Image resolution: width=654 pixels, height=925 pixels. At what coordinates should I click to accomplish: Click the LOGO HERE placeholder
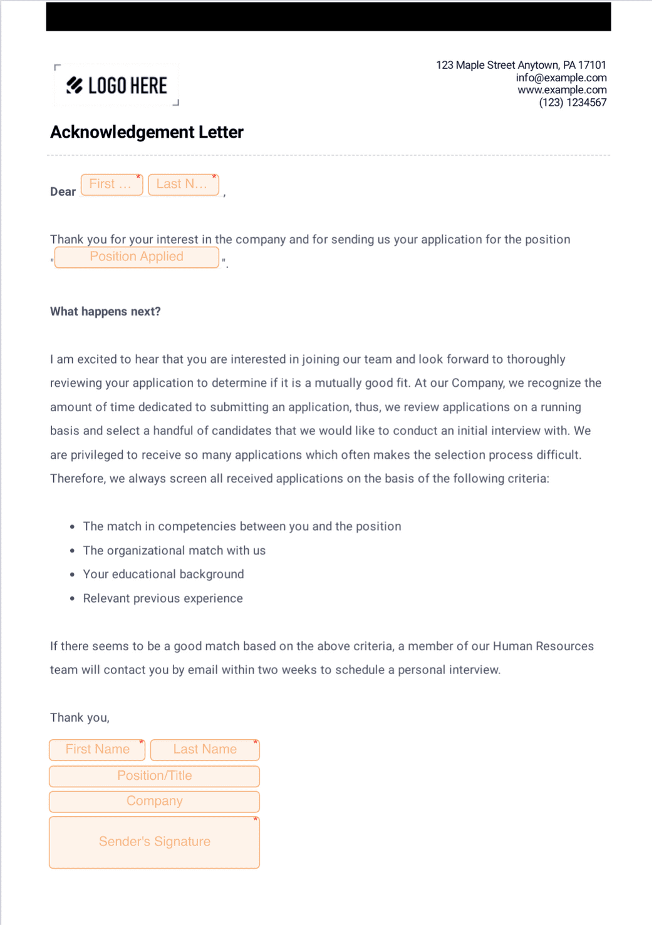[x=117, y=86]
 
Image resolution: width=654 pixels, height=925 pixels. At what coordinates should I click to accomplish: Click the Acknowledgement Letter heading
[x=147, y=132]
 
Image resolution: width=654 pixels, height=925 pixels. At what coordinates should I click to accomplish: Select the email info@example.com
[x=561, y=78]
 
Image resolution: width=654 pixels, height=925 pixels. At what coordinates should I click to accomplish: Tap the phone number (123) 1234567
[x=572, y=103]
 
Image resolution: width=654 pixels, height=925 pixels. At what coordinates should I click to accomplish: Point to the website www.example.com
[x=561, y=90]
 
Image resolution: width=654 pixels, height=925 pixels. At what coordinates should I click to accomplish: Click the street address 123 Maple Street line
[x=521, y=65]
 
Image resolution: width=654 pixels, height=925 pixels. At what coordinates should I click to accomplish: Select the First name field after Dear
[x=112, y=185]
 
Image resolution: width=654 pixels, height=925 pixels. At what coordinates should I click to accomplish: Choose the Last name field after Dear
[x=183, y=185]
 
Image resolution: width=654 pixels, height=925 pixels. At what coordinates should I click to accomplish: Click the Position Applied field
[x=137, y=257]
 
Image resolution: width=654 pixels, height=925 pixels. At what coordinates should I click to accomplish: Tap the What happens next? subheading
[x=105, y=312]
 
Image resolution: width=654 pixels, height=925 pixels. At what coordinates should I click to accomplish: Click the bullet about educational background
[x=163, y=575]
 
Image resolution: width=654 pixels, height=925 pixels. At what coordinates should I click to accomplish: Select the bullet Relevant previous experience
[x=162, y=598]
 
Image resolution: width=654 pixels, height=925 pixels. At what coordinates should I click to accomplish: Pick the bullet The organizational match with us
[x=174, y=551]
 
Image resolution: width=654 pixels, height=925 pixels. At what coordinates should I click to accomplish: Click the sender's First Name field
[x=97, y=750]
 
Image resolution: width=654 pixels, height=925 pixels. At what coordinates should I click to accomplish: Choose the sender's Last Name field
[x=205, y=750]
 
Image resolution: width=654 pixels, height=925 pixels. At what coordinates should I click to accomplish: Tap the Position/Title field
[x=154, y=776]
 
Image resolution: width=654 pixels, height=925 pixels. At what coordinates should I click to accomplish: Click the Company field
[x=154, y=802]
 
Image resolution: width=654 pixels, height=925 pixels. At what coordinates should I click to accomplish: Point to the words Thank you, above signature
[x=80, y=718]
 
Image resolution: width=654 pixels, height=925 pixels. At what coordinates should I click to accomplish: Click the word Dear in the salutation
[x=63, y=192]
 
